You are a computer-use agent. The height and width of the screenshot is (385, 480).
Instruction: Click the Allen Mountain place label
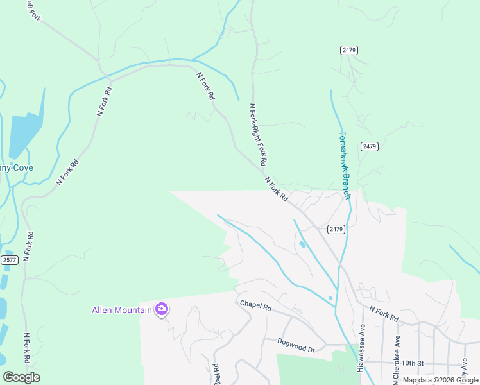point(122,311)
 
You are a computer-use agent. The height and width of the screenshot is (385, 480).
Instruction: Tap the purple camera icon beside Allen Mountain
point(161,310)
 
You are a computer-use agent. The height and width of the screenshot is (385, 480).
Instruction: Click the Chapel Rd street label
point(256,305)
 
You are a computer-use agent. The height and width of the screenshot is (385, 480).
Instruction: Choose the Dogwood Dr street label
point(296,346)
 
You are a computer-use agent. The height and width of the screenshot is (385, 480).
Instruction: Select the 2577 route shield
point(9,260)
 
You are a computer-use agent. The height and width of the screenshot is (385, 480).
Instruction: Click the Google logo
point(21,377)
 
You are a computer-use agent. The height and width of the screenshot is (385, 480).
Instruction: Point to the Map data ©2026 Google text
point(440,380)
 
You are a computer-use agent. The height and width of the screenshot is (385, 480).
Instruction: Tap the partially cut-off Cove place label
point(15,168)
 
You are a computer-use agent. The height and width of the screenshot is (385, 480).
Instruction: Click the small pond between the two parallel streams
point(302,244)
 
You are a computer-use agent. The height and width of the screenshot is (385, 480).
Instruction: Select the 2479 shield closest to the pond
point(336,229)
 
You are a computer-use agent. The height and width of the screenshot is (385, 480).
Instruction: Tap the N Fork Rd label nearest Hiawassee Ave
point(384,314)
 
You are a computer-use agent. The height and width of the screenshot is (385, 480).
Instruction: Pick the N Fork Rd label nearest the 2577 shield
point(28,246)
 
